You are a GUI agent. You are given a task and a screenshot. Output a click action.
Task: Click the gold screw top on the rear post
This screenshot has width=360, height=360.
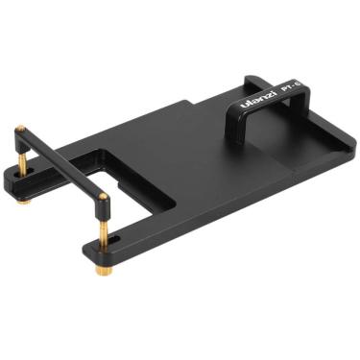coord(20,127)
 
